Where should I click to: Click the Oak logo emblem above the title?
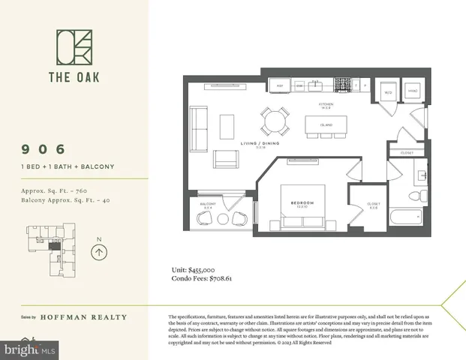point(74,47)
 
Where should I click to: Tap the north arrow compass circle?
point(98,252)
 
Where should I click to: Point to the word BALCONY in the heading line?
point(99,166)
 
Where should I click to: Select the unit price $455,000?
point(198,269)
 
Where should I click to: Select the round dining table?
point(275,118)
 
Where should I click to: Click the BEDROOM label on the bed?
point(302,204)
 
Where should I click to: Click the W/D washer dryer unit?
point(388,91)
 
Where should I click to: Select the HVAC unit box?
point(413,91)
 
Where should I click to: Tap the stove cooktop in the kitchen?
point(342,85)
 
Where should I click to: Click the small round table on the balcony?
point(222,218)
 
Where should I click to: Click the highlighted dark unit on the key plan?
point(52,245)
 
